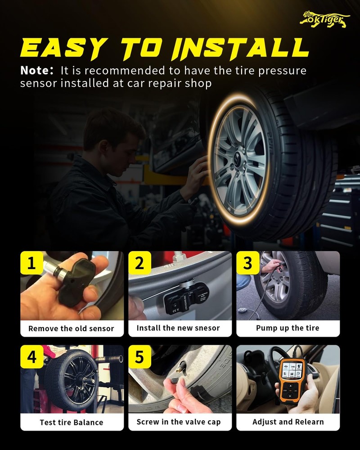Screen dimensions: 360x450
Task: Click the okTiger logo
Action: [325, 20]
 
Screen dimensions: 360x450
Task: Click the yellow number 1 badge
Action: [31, 263]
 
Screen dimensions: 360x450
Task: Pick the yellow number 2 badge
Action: [139, 263]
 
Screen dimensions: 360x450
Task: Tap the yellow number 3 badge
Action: [248, 263]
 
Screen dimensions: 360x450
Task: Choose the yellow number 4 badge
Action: [31, 356]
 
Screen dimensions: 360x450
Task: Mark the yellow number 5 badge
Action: [139, 356]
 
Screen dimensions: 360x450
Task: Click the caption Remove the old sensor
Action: [71, 328]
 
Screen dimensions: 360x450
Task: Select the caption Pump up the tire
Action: [288, 328]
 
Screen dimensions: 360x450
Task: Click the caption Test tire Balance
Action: [72, 422]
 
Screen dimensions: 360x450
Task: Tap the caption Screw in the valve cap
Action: [179, 422]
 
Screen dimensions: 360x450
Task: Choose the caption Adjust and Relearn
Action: [288, 422]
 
